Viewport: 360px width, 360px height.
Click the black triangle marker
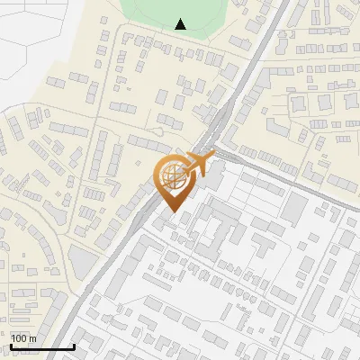(x=181, y=24)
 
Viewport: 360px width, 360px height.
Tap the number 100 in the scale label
(x=19, y=338)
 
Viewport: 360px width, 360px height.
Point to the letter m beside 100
(x=32, y=338)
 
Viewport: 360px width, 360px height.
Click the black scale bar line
(x=41, y=346)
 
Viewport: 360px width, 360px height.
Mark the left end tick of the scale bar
(x=10, y=345)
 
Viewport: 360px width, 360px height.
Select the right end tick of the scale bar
(x=74, y=345)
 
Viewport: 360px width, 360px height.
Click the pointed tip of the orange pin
(x=172, y=212)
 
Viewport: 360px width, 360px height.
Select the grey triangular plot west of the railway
(x=82, y=262)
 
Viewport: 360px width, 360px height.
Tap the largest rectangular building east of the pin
(x=294, y=210)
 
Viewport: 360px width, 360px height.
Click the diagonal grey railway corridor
(x=135, y=234)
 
